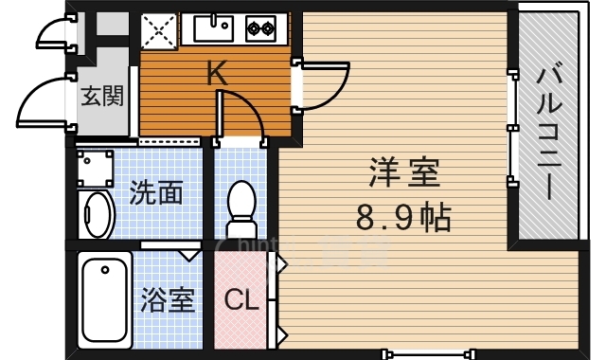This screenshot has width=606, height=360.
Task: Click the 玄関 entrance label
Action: click(101, 96)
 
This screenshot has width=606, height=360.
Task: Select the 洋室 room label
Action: click(402, 176)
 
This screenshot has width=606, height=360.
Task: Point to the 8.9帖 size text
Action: click(403, 219)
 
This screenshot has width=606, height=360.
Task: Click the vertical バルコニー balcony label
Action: click(550, 131)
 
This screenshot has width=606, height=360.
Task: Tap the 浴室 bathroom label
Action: click(167, 301)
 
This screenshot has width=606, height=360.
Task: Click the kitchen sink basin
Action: click(213, 28)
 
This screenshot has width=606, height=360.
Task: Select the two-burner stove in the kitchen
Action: click(260, 29)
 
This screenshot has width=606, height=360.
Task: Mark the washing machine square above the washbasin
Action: click(94, 169)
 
